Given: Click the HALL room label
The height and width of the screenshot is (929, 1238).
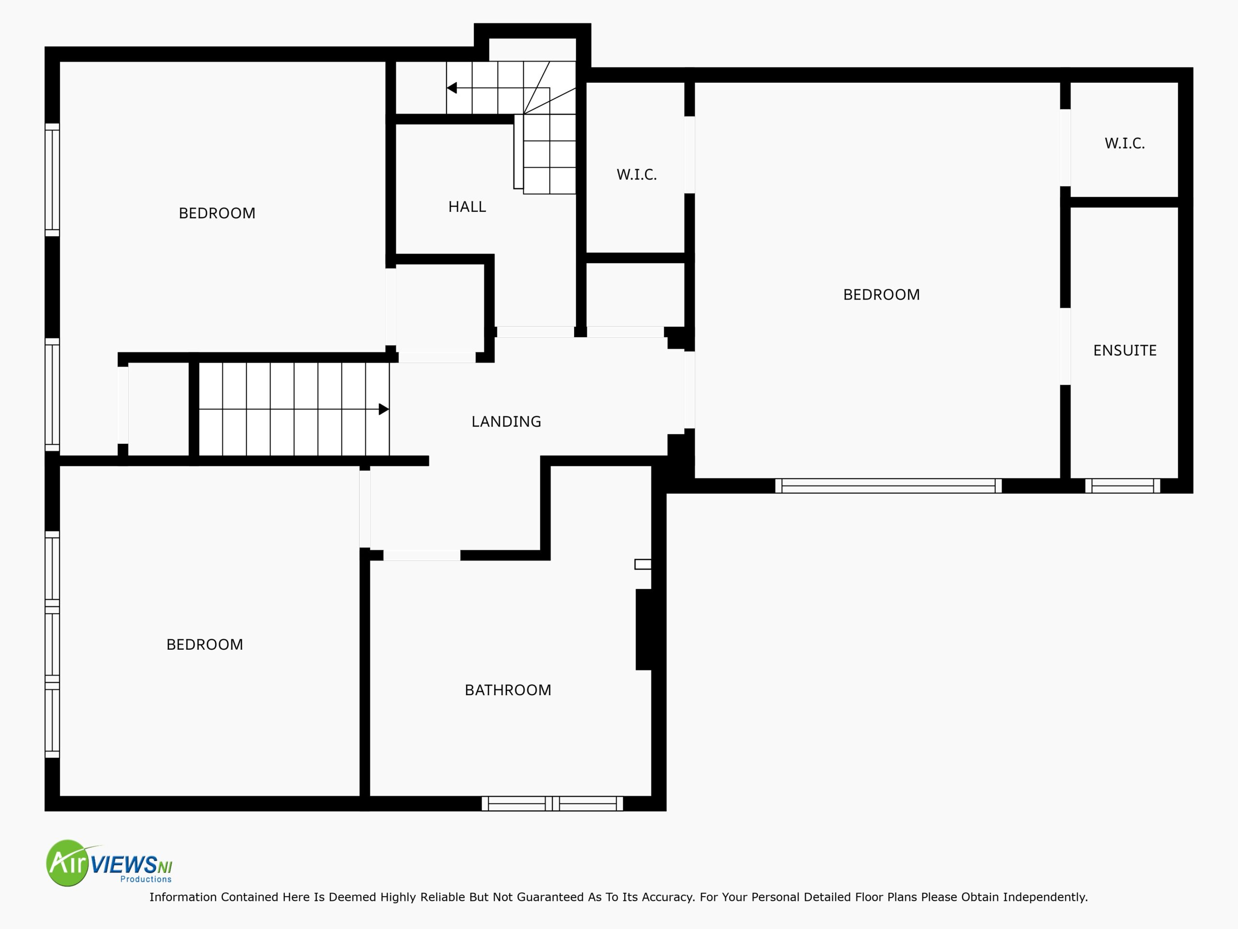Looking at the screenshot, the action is [x=467, y=207].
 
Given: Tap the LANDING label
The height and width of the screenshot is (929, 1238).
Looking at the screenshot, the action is [x=506, y=421].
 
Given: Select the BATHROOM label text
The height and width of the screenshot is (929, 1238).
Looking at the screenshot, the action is [x=508, y=690].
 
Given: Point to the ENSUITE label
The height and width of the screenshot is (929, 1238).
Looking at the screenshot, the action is [x=1124, y=350].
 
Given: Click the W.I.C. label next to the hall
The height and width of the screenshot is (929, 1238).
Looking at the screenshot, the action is [x=636, y=175].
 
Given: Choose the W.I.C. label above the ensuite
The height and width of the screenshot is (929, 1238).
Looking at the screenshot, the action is [x=1124, y=143].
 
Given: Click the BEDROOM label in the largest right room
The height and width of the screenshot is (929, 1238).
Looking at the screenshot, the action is [x=881, y=295].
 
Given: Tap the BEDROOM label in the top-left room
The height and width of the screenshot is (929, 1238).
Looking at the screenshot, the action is [x=217, y=213].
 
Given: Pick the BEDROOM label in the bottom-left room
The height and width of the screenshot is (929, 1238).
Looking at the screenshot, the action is [x=204, y=644].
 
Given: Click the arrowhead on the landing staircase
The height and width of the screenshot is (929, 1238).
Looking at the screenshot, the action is [x=384, y=409].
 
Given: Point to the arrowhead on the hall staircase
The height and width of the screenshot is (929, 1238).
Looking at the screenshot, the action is [x=452, y=88].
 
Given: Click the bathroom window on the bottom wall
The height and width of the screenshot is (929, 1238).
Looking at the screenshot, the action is [x=552, y=804].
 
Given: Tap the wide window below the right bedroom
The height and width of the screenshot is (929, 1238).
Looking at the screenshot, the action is [x=888, y=485].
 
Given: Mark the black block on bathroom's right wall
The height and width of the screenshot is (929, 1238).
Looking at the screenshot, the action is [x=644, y=629].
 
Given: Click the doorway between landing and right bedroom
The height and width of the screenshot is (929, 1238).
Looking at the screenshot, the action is [x=690, y=390].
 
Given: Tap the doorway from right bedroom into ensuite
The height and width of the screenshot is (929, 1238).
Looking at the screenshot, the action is [x=1065, y=346].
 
